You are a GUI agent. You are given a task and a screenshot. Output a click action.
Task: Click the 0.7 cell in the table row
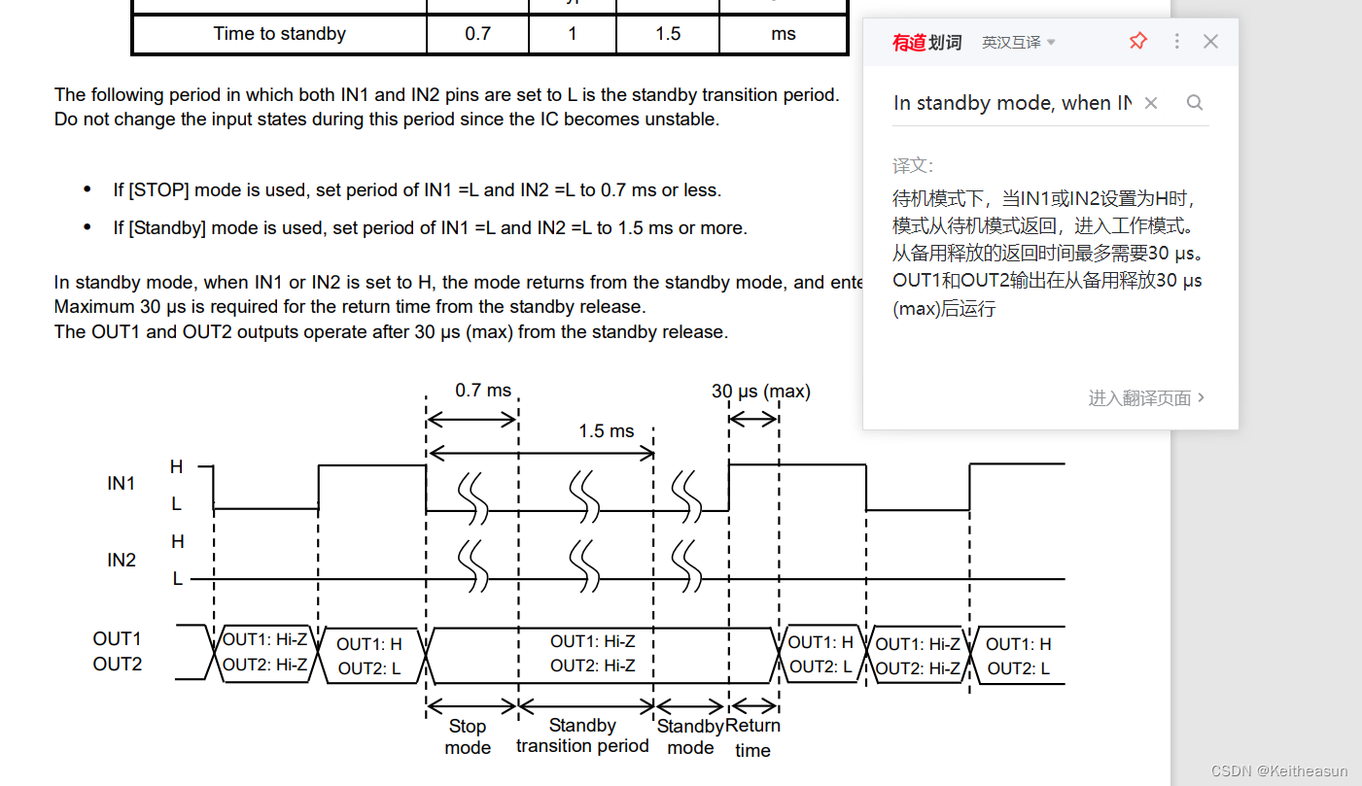coord(477,34)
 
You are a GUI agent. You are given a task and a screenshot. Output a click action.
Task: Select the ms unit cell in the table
coord(784,34)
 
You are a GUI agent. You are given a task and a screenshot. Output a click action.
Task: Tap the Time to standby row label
coord(279,34)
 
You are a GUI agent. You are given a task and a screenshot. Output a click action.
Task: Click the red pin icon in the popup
coord(1137,41)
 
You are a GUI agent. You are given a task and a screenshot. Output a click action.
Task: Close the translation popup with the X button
coord(1210,41)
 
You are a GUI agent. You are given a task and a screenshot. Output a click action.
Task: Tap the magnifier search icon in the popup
coord(1195,103)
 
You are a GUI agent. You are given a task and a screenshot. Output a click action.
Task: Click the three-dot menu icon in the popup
coord(1176,41)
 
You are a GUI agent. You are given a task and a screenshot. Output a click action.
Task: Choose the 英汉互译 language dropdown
coord(1018,43)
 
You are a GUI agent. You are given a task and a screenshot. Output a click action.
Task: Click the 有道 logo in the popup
coord(910,43)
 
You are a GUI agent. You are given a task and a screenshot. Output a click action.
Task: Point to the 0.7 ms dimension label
coord(483,391)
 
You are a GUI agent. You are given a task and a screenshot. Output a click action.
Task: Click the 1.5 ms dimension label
coord(606,431)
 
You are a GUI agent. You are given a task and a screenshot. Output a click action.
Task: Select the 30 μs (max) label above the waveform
coord(760,392)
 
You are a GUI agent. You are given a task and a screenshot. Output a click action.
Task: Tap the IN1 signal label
coord(121,483)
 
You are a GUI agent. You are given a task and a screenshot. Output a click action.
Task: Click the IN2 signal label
coord(121,560)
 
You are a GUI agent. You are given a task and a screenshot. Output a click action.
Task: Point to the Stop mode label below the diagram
coord(468,736)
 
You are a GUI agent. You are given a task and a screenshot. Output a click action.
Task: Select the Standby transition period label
coord(582,735)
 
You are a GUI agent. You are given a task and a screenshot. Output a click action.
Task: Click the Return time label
coord(752,737)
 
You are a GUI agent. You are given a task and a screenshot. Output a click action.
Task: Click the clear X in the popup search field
coord(1150,103)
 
